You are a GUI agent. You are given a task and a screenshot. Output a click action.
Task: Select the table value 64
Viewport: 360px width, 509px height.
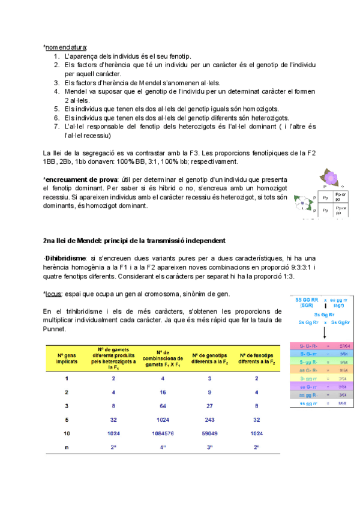coord(161,406)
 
